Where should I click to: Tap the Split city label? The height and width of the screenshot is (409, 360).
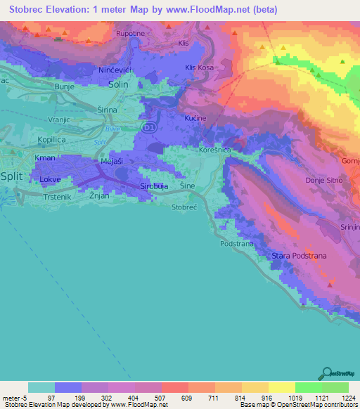[13, 176]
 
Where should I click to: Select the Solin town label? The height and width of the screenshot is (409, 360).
[119, 84]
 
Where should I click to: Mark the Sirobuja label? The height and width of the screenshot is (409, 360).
[154, 186]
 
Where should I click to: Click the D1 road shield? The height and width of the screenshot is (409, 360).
[148, 126]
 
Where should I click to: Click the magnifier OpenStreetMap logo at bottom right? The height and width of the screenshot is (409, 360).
[326, 373]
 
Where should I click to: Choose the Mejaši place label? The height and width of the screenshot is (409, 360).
[112, 161]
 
